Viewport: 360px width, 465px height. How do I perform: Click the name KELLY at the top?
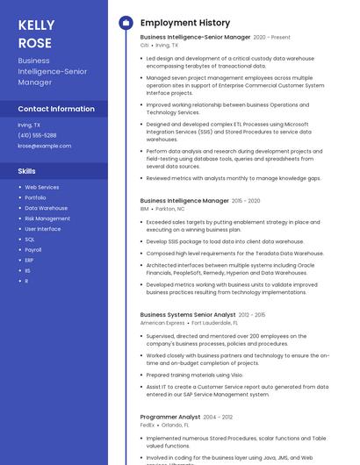point(36,25)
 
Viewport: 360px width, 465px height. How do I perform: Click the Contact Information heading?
point(56,109)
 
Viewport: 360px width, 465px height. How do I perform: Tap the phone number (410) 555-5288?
point(37,135)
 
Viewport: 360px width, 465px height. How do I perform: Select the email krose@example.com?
point(44,146)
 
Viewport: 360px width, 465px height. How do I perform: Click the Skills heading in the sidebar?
point(27,171)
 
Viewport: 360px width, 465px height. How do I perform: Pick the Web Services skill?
point(42,187)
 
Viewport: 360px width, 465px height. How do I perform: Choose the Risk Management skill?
point(47,218)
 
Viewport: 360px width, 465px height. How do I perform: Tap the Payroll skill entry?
point(33,249)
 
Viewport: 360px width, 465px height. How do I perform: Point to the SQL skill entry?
point(30,239)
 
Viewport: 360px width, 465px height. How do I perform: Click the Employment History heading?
point(185,23)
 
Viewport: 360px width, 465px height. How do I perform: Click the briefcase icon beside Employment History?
point(126,23)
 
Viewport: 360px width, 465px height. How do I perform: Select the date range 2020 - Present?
point(272,38)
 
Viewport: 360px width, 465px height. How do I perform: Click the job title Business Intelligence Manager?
point(184,201)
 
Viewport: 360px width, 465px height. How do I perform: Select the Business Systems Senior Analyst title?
point(188,314)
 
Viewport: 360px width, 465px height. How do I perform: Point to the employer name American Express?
point(162,323)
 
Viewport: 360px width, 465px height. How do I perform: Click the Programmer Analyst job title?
point(170,417)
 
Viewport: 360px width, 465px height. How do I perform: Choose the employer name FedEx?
point(148,426)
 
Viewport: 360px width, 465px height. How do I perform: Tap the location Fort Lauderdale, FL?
point(215,323)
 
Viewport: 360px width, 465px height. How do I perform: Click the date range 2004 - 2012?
point(219,417)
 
